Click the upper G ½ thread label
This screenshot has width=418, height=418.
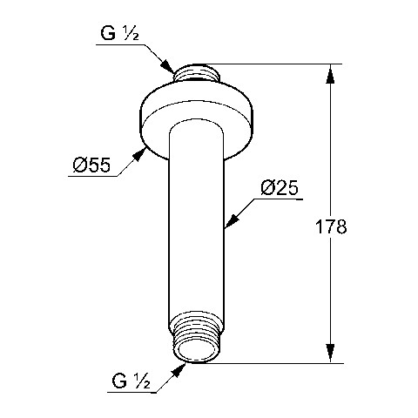tap(119, 33)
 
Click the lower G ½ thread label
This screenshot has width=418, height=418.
tap(131, 381)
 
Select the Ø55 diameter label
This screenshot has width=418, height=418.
tap(91, 165)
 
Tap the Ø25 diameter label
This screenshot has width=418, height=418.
tap(280, 188)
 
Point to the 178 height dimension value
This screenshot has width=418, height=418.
tap(331, 226)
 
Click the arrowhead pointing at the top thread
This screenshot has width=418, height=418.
tap(168, 66)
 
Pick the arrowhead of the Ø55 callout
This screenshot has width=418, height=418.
tap(139, 153)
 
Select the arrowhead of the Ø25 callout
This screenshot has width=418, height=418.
tap(232, 221)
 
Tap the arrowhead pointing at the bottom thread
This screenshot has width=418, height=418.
tap(179, 370)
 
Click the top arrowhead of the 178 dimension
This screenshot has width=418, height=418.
tap(330, 74)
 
